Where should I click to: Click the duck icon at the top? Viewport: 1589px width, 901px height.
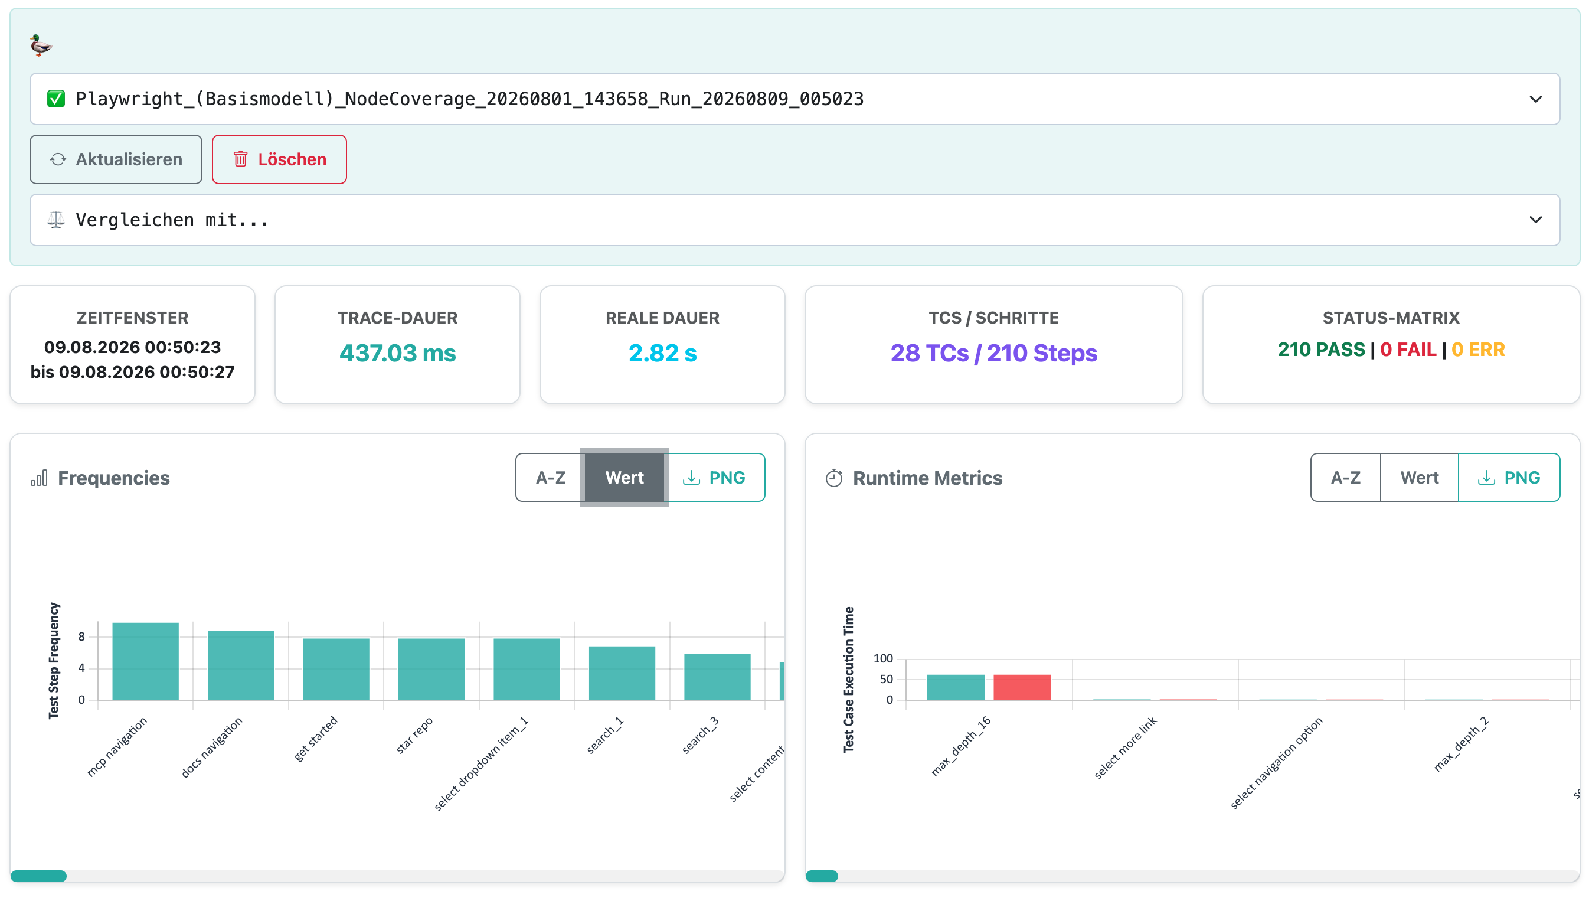[41, 45]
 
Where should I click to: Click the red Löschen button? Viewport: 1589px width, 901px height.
[279, 159]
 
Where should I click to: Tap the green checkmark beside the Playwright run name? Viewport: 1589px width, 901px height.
[55, 99]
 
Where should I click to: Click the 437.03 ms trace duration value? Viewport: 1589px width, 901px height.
[397, 352]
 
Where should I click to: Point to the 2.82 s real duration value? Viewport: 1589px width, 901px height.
[662, 352]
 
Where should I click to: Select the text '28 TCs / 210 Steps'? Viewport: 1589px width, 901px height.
[993, 352]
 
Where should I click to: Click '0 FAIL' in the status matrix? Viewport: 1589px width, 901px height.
[1408, 350]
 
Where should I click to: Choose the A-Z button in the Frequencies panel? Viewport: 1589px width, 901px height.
[550, 477]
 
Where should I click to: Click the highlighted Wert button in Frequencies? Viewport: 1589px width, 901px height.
[624, 477]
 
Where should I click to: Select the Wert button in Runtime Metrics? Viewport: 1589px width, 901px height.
[1419, 477]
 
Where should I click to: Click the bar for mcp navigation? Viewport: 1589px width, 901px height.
[145, 661]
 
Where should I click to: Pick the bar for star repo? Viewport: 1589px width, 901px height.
[431, 669]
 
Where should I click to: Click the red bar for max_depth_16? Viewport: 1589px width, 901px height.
[1022, 687]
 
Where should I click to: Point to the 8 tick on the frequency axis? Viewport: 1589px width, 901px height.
[81, 636]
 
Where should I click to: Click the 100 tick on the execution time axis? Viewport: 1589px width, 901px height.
[882, 658]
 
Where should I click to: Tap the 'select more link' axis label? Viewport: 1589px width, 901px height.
[1125, 747]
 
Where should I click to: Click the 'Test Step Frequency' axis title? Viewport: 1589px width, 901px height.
[54, 660]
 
